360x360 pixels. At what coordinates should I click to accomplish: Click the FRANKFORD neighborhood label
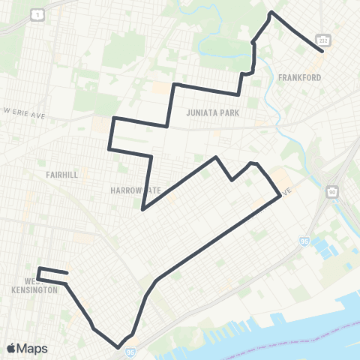(x=300, y=77)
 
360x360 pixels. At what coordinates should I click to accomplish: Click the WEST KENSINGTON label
(x=35, y=286)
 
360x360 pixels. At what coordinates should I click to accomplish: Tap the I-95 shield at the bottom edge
(x=131, y=351)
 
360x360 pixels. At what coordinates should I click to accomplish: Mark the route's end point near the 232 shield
(x=322, y=51)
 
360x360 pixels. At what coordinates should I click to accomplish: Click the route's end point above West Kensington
(x=67, y=273)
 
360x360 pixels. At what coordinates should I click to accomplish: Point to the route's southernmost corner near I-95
(x=118, y=346)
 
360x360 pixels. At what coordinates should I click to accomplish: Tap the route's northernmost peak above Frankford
(x=271, y=13)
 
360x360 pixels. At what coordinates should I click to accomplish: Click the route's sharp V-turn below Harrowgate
(x=142, y=209)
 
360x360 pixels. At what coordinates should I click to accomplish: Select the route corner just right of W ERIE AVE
(x=112, y=118)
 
